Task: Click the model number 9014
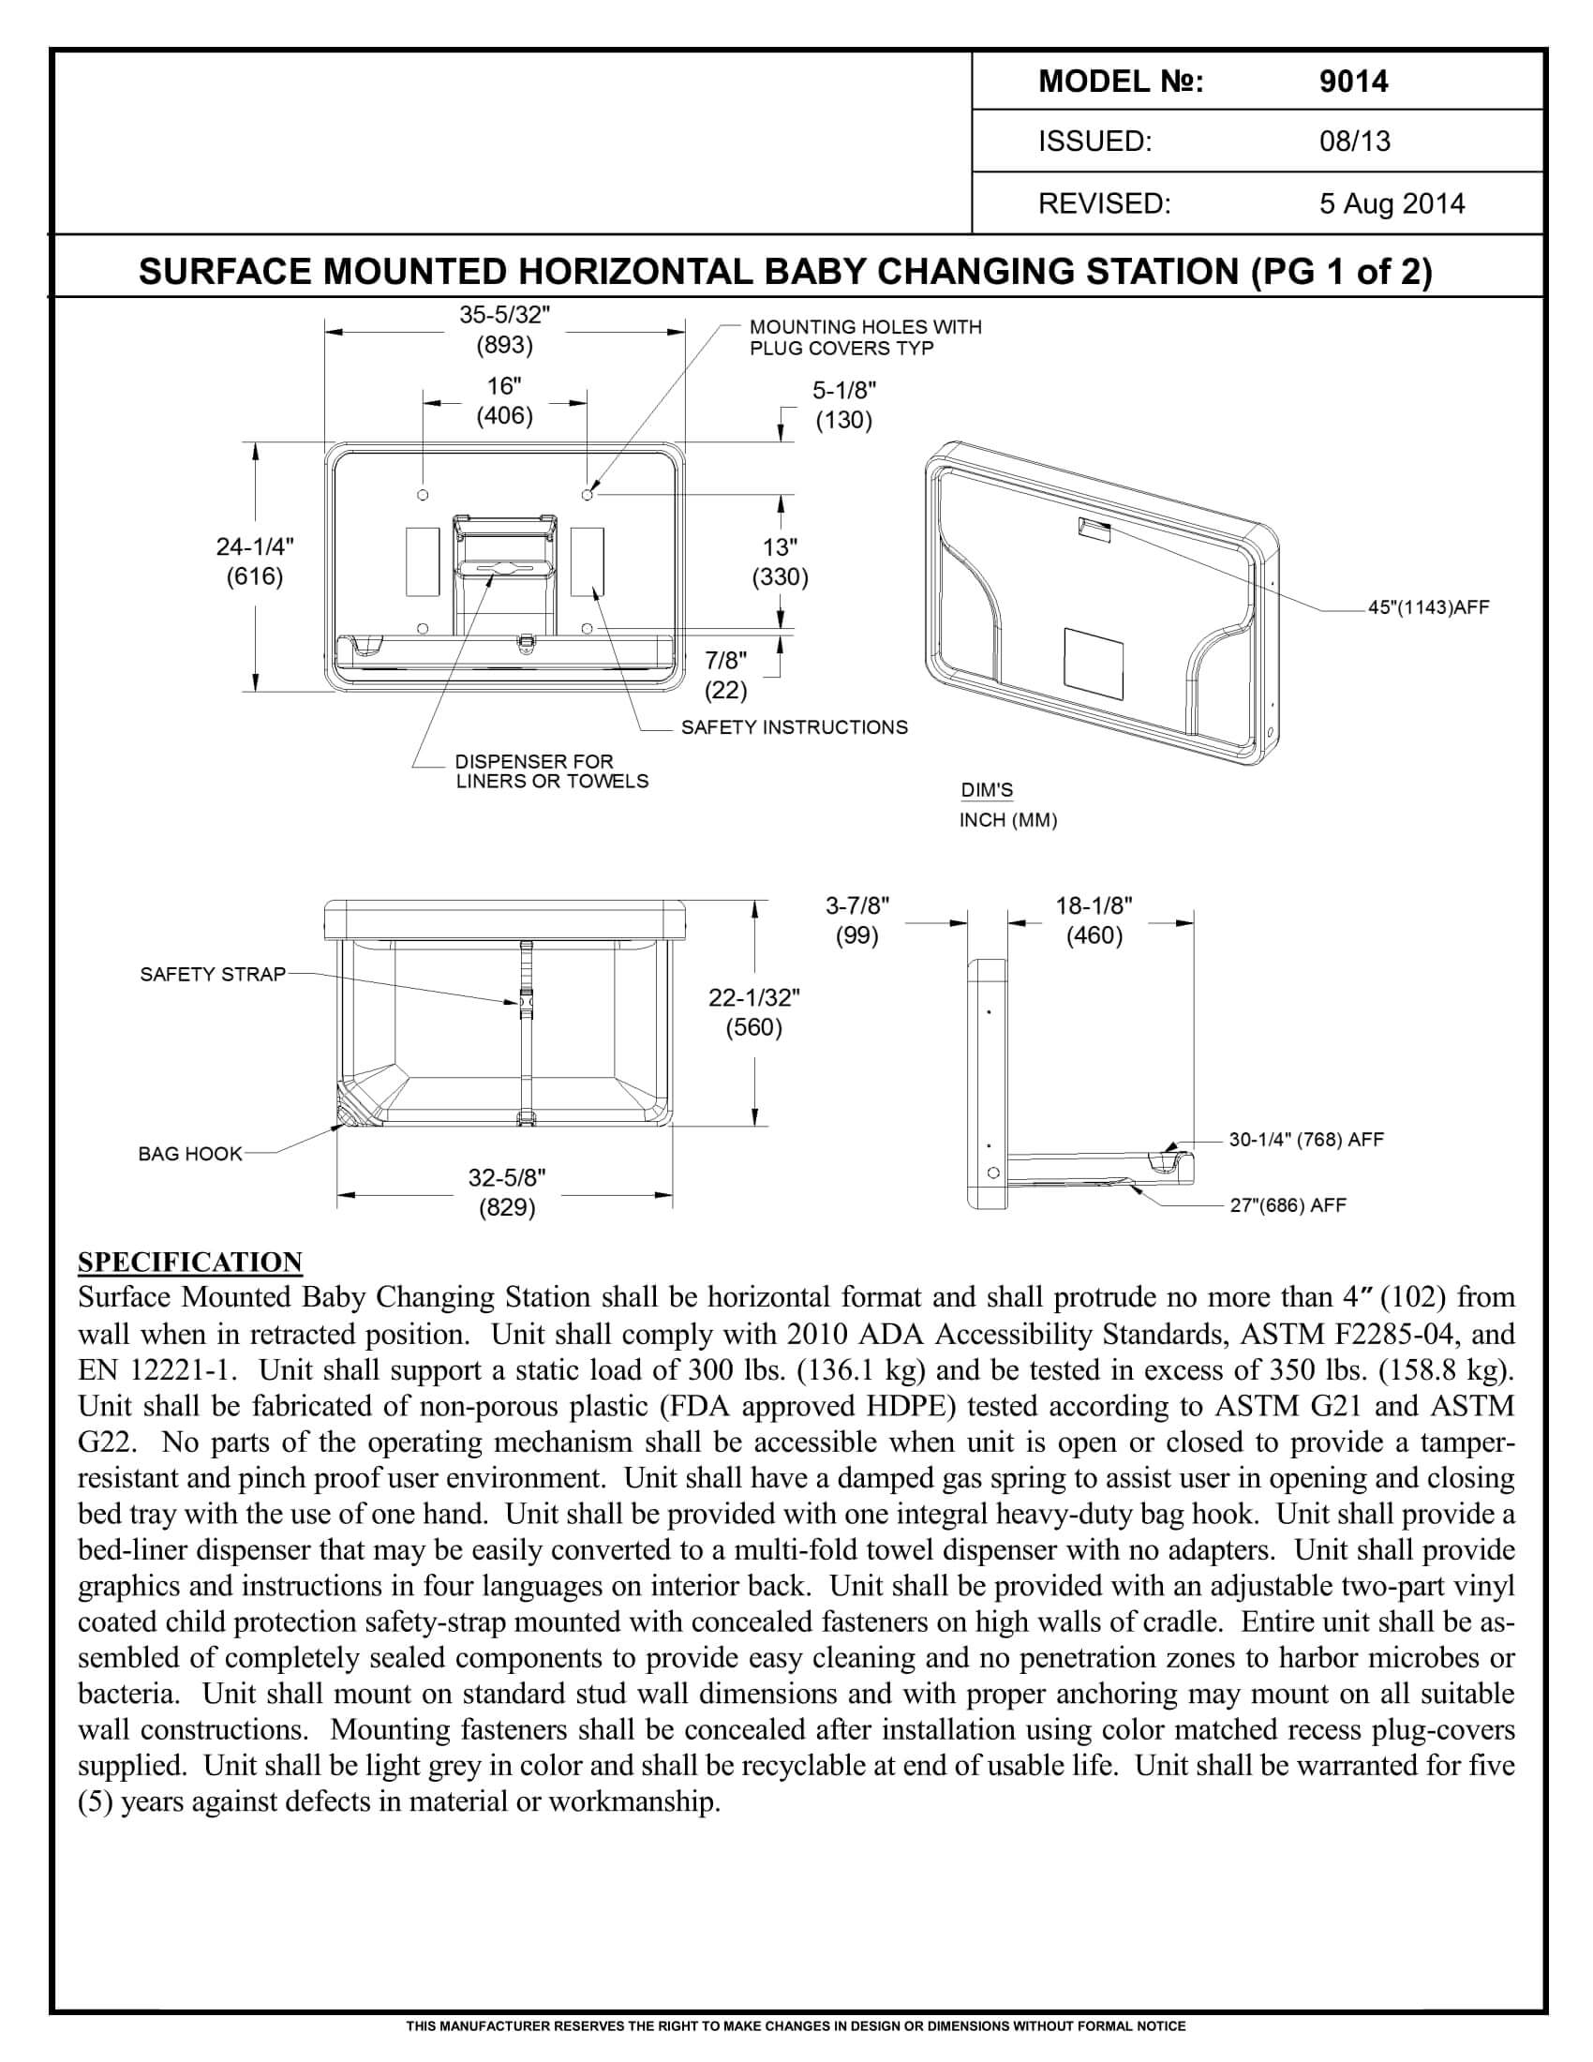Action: [1353, 82]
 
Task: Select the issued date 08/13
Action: [1354, 142]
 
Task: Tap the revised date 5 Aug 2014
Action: [1391, 204]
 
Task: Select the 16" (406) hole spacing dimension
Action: [504, 401]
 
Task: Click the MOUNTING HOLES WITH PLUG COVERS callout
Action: [865, 337]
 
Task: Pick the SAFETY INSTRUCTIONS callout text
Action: [794, 727]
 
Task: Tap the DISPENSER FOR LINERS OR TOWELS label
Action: [551, 770]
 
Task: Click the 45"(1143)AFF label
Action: [1428, 608]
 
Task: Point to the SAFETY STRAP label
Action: [213, 975]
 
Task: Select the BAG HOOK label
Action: [189, 1154]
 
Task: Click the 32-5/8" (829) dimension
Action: [507, 1192]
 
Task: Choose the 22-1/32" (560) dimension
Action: [754, 1012]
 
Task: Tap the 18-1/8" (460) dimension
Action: [1094, 920]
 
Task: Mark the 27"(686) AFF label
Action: [1288, 1205]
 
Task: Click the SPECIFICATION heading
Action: [189, 1263]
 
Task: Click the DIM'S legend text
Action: [987, 790]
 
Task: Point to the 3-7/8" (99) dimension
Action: [856, 920]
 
